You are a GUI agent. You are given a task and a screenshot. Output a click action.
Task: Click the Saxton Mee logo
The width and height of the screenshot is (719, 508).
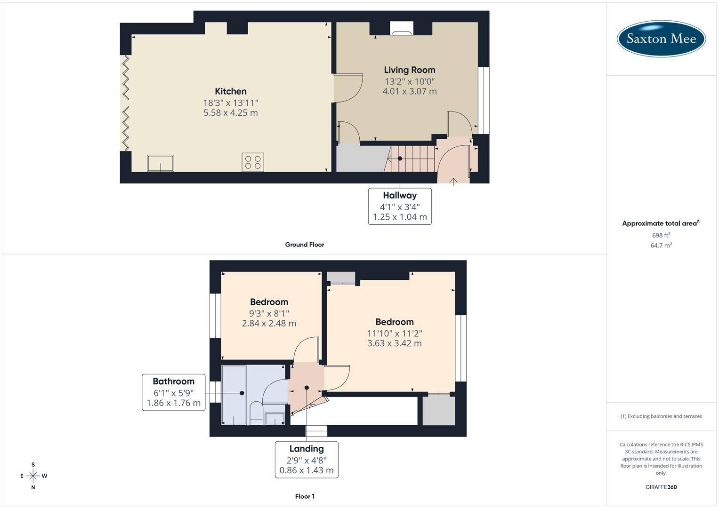pos(661,39)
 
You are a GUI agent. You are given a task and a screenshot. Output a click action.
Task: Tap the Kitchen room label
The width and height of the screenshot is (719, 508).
pos(230,91)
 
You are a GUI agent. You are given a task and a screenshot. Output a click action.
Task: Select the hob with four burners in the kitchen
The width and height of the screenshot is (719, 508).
pos(253,162)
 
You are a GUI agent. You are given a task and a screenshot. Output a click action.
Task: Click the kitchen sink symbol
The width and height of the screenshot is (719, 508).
pos(161,163)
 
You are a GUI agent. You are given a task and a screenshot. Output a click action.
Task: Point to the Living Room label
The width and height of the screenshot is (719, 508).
pos(409,70)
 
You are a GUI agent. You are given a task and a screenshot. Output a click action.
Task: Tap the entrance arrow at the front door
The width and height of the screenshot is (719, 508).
pos(453,181)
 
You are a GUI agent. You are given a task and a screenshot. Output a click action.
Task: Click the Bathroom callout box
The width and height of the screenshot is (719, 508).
pos(174,392)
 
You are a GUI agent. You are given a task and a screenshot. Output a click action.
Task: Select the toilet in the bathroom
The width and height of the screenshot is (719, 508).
pos(256,413)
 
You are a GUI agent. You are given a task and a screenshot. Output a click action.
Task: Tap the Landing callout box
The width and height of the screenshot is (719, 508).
pos(307,460)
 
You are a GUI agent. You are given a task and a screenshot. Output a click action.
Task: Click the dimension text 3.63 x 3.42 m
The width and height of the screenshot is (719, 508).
pos(394,343)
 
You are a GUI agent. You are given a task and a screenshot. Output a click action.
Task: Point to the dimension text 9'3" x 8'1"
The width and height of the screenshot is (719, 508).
pos(269,313)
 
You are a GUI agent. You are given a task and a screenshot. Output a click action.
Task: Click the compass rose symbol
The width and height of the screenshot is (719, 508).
pos(33,476)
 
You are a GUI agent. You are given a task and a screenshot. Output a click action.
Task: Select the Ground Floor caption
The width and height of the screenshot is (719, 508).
pos(305,245)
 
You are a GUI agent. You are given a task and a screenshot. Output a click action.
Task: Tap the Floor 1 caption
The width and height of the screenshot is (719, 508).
pos(305,496)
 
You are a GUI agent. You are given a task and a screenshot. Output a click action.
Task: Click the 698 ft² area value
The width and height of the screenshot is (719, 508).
pos(661,235)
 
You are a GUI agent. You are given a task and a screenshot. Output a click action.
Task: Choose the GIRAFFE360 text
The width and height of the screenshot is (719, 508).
pos(661,487)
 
